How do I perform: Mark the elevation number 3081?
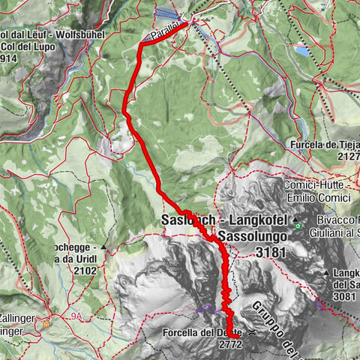click(x=345, y=296)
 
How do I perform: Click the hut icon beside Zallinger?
click(x=46, y=325)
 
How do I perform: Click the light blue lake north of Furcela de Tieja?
click(x=300, y=51)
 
